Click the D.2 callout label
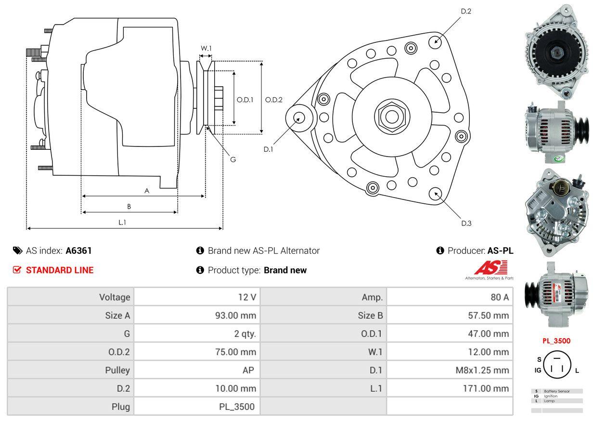click(465, 11)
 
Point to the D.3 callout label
click(466, 223)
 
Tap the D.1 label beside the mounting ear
click(268, 149)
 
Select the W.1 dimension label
click(206, 48)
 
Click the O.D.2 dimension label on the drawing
click(274, 100)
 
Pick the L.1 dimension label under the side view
click(122, 222)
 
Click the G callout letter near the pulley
click(232, 159)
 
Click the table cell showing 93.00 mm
click(235, 316)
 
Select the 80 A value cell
click(499, 297)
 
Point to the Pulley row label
click(117, 370)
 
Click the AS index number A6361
click(78, 251)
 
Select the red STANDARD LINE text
click(60, 270)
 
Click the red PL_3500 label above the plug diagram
click(556, 341)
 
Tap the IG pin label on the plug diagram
click(538, 370)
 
